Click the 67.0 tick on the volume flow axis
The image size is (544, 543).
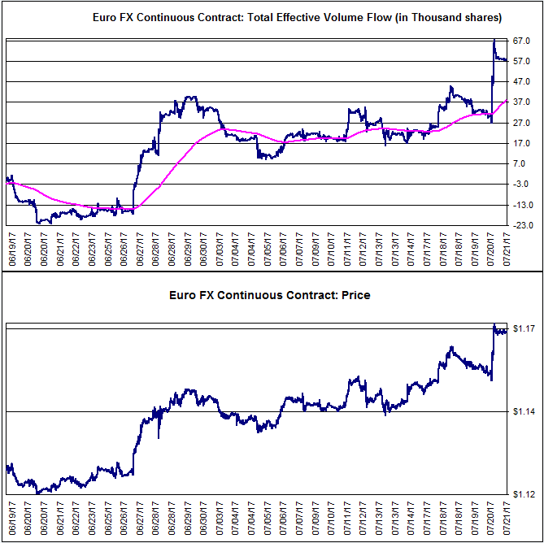[x=521, y=41]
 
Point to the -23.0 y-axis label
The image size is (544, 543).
[x=520, y=225]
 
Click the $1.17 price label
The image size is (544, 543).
[x=524, y=328]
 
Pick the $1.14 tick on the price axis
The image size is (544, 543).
[x=524, y=411]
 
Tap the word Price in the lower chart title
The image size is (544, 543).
[x=356, y=295]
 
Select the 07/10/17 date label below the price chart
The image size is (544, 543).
[x=332, y=516]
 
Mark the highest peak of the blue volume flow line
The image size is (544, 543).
[x=494, y=40]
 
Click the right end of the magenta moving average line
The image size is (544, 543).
[x=507, y=100]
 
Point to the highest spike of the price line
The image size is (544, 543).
[x=494, y=324]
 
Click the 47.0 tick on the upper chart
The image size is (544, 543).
[x=521, y=81]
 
